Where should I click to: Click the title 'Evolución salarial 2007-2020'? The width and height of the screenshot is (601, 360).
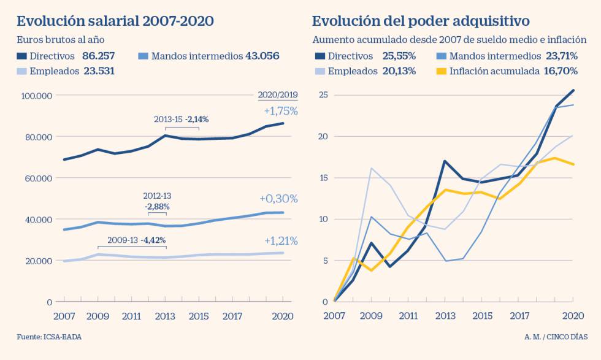point(115,21)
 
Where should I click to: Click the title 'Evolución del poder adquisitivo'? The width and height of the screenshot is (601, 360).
point(421,21)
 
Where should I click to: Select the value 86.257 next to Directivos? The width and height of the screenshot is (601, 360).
point(98,56)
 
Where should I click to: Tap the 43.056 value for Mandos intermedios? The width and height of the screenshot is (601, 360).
point(262,56)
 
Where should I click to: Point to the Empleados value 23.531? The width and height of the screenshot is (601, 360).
point(98,71)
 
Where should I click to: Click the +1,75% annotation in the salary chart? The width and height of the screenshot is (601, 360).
point(280,111)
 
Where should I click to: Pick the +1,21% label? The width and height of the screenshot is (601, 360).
point(280,240)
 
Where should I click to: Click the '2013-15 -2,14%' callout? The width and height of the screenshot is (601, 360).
point(181,119)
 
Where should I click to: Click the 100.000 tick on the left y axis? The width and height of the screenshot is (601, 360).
point(37,96)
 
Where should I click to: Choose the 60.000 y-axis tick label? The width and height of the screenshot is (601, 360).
point(39,178)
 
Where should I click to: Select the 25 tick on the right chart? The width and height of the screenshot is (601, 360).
point(324,95)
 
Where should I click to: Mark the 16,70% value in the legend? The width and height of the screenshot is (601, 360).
point(561,71)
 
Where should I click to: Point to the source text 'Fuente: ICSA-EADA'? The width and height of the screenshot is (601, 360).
point(49,337)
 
